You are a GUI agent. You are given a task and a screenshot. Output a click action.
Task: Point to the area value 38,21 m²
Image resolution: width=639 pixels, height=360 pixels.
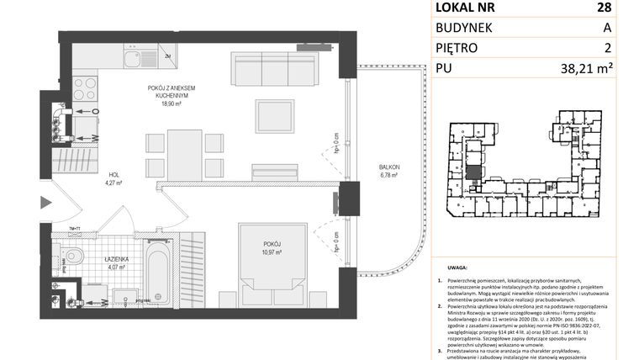[600, 70]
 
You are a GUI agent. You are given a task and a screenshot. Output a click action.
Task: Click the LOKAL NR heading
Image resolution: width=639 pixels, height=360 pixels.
[466, 8]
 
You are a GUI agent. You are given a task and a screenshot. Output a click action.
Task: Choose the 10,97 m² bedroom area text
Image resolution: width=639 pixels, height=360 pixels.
[269, 253]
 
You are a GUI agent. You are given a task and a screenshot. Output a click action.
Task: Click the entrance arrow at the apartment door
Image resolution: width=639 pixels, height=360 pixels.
[46, 202]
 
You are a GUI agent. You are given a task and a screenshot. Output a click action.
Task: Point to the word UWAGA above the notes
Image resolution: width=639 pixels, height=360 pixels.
[447, 272]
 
